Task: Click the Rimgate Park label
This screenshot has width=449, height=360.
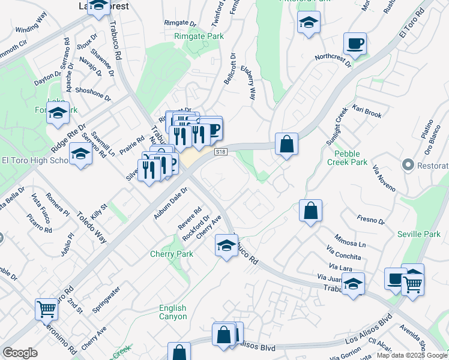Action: click(x=199, y=36)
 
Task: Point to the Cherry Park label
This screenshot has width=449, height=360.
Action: click(x=171, y=254)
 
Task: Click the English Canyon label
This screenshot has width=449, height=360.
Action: click(x=173, y=312)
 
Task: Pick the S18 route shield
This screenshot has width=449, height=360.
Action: click(x=221, y=152)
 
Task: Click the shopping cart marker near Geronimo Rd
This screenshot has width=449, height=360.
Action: click(x=46, y=310)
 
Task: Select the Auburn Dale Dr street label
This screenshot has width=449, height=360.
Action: click(x=170, y=202)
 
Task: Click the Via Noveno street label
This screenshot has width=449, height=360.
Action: click(x=384, y=178)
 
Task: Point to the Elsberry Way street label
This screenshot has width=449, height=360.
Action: click(x=249, y=82)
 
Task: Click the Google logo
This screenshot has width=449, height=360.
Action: click(x=20, y=353)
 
